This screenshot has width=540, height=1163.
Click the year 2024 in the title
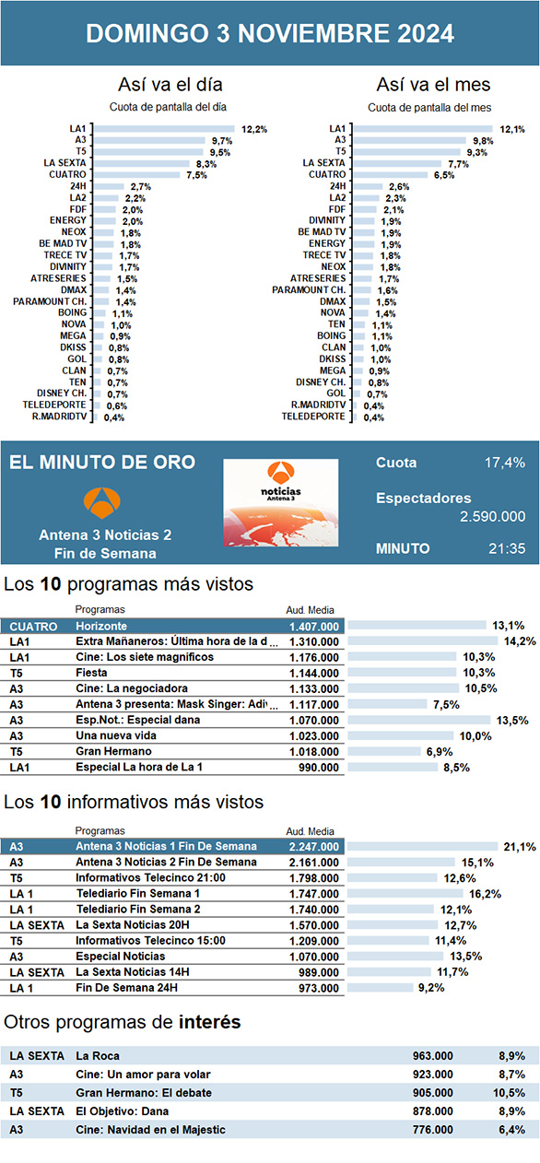[426, 34]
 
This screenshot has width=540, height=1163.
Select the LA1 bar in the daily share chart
[165, 129]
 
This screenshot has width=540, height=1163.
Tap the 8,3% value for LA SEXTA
[206, 164]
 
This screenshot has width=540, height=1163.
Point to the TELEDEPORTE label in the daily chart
[54, 405]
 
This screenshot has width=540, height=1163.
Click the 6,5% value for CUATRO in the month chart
[444, 175]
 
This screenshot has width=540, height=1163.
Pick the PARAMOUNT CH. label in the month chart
[309, 289]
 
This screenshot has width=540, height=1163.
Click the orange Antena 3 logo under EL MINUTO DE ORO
[101, 502]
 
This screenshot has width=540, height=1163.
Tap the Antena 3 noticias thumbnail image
[280, 502]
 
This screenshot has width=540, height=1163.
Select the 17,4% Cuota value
[505, 463]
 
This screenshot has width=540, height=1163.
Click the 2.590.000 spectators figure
[492, 517]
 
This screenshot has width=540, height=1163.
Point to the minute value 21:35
[507, 548]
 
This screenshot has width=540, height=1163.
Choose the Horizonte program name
[101, 626]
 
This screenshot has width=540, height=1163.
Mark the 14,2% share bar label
[520, 641]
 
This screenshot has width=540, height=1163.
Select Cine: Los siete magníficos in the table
[145, 657]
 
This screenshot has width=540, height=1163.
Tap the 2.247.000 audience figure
[314, 847]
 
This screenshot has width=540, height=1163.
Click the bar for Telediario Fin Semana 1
[405, 894]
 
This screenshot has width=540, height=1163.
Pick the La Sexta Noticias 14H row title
[133, 972]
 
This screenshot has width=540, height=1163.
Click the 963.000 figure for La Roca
[432, 1056]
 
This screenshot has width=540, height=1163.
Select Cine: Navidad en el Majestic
[150, 1130]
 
